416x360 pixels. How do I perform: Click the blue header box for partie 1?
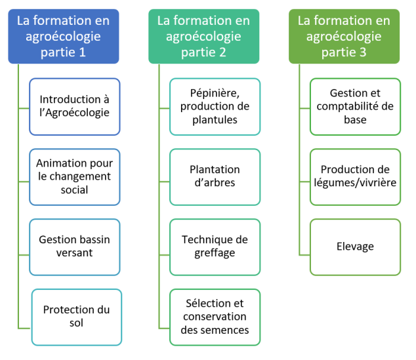tap(64, 36)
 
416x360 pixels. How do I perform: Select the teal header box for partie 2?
tap(204, 36)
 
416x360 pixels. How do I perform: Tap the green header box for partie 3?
tap(344, 36)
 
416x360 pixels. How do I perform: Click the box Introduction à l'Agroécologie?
tap(75, 107)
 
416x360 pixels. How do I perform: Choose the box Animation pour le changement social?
tap(75, 177)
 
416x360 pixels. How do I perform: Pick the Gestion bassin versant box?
tap(75, 247)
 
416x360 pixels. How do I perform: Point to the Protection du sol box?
tap(77, 317)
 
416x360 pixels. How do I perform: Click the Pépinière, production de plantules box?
tap(215, 107)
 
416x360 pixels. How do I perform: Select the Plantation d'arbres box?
tap(215, 177)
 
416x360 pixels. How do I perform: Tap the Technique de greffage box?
tap(215, 247)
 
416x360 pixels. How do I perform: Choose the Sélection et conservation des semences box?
tap(215, 317)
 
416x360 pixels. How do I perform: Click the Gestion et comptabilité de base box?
tap(355, 107)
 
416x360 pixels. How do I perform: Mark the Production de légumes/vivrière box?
tap(355, 177)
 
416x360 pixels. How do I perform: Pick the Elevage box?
tap(355, 247)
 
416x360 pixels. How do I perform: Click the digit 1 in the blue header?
tap(82, 52)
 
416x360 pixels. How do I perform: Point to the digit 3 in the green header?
tap(363, 52)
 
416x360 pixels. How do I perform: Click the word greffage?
tap(215, 253)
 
